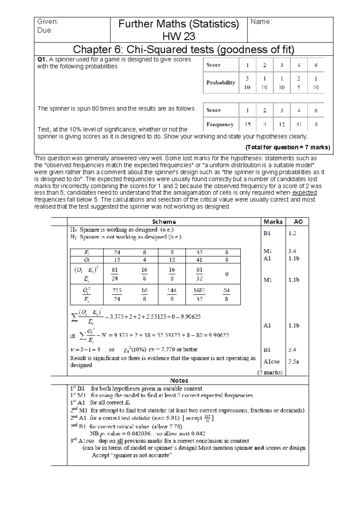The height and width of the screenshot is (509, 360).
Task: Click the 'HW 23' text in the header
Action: click(x=178, y=36)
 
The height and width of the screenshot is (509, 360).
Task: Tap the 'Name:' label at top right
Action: click(x=261, y=22)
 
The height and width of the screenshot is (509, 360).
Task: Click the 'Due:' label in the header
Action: click(x=45, y=30)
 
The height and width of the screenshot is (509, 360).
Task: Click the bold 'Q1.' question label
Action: click(x=42, y=59)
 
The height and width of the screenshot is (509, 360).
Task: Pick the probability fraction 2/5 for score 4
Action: click(x=299, y=83)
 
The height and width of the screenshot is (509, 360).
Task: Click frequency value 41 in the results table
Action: click(x=299, y=124)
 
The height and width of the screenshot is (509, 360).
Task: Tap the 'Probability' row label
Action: click(x=221, y=83)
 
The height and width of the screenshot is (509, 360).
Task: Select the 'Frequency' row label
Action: click(x=220, y=124)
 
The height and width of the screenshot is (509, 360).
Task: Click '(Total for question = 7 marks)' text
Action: click(x=288, y=147)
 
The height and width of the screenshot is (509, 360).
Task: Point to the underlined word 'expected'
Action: click(x=304, y=193)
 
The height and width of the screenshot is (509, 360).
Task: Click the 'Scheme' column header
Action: click(x=164, y=221)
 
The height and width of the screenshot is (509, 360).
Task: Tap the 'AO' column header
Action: click(x=298, y=221)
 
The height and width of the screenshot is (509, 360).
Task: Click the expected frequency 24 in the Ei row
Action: click(x=117, y=252)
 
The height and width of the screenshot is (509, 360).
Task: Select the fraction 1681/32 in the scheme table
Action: click(x=199, y=294)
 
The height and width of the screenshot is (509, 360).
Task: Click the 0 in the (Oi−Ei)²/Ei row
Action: click(x=226, y=274)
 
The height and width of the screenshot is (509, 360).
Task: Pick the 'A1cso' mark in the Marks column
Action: click(x=271, y=362)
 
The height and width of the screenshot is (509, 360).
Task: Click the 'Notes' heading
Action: click(x=179, y=381)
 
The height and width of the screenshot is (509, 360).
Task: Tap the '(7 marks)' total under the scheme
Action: click(x=270, y=372)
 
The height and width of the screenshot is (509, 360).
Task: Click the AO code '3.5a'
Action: click(x=294, y=362)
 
